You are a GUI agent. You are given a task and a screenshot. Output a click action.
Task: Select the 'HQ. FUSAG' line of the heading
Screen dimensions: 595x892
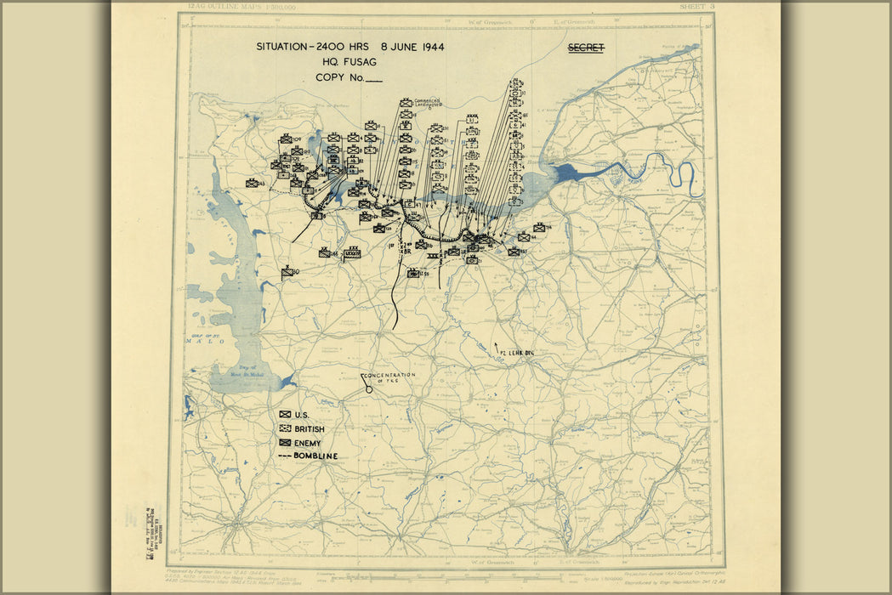tap(350, 62)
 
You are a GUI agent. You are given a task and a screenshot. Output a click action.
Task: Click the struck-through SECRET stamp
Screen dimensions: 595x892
tap(586, 48)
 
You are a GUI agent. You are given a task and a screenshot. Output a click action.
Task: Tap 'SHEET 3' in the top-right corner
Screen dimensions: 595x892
tap(696, 7)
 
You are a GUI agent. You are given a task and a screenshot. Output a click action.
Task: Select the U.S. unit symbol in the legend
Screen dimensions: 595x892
tap(285, 415)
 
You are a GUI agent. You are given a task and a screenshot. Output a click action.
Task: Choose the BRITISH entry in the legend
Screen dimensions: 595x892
tap(309, 429)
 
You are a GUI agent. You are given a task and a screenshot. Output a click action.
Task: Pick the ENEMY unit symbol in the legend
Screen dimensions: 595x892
tap(285, 443)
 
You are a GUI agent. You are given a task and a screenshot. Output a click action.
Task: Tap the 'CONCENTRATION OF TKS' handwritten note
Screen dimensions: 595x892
tap(389, 378)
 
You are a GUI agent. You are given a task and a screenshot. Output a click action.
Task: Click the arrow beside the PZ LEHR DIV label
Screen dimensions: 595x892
tap(497, 346)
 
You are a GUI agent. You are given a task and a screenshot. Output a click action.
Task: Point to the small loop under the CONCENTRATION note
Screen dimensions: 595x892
tap(368, 389)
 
